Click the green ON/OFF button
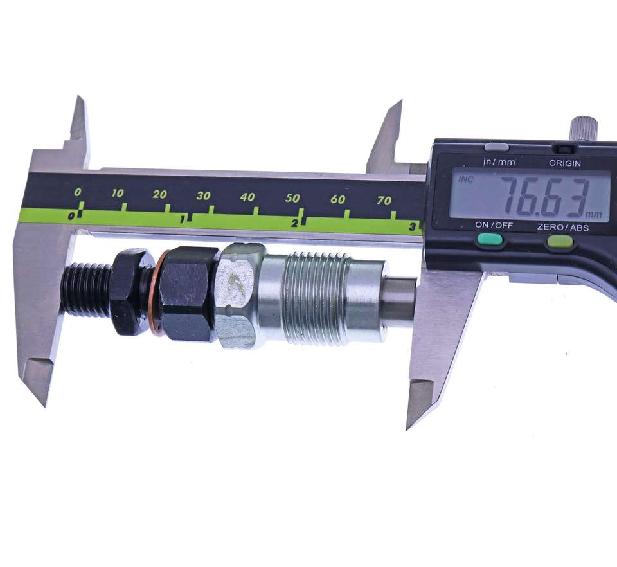(490, 239)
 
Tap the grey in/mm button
(497, 147)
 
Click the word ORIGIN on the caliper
(565, 163)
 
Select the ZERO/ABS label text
(563, 227)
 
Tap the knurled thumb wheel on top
(584, 127)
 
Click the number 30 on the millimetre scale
(203, 195)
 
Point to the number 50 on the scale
(292, 198)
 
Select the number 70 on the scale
(384, 201)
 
